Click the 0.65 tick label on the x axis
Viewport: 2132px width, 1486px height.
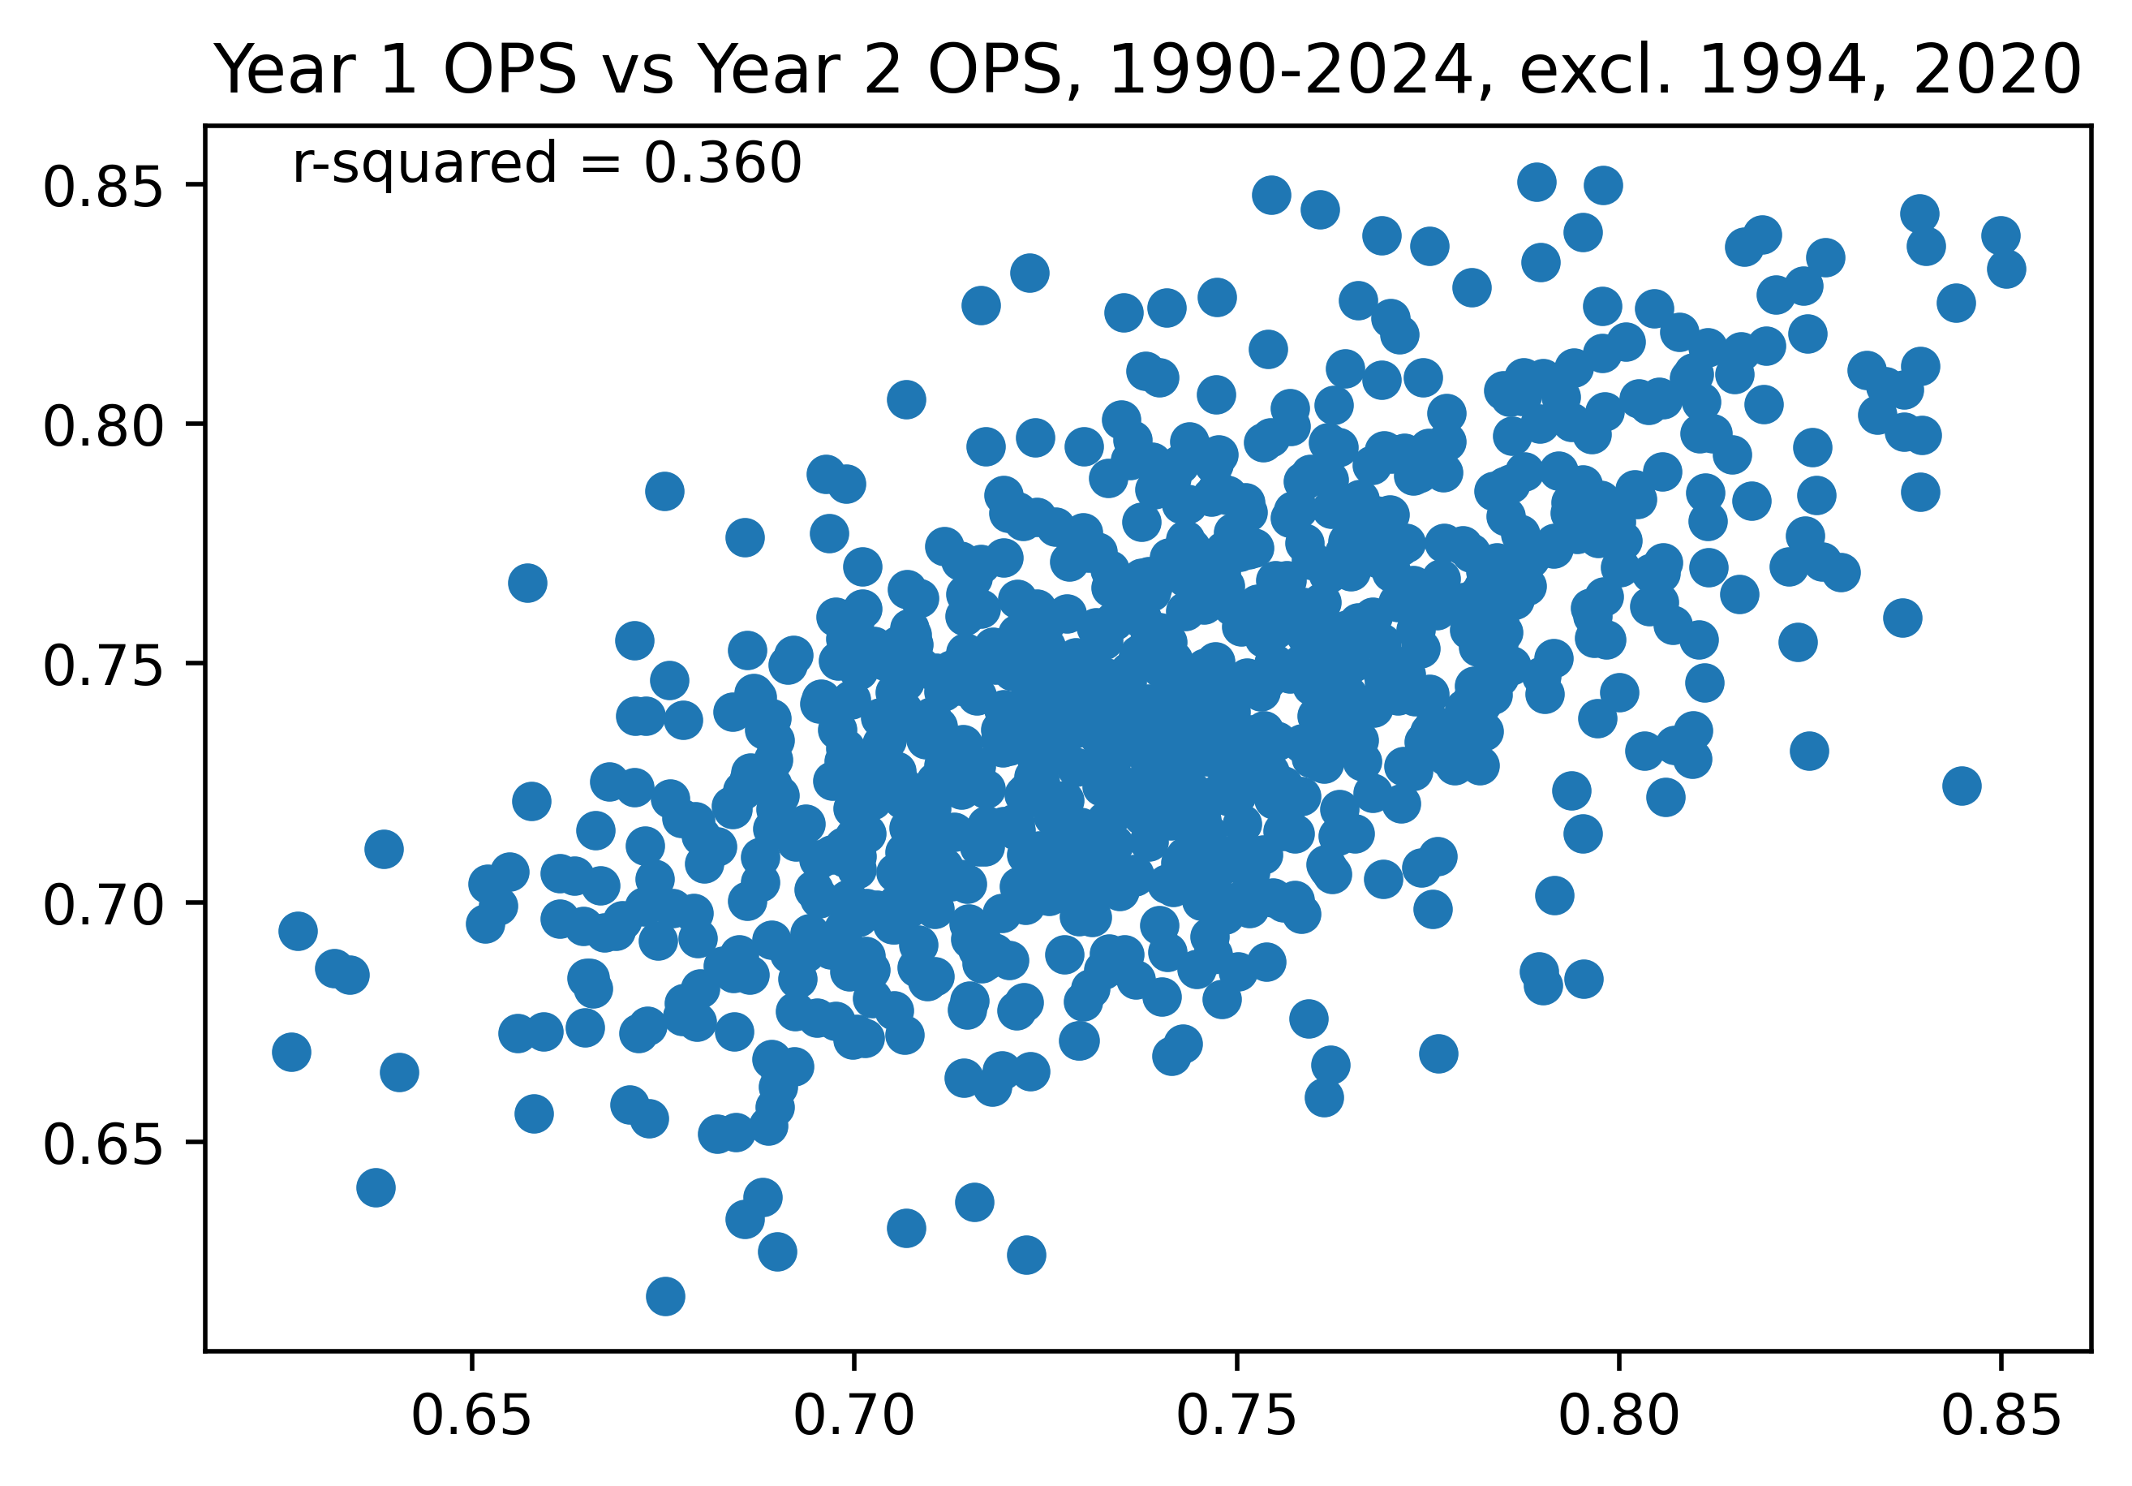coord(471,1417)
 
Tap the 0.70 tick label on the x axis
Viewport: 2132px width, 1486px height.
coord(853,1417)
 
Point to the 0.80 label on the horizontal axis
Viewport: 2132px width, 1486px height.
coord(1618,1417)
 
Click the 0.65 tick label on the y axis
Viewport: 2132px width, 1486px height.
coord(102,1144)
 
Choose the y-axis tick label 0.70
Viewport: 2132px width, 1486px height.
coord(102,903)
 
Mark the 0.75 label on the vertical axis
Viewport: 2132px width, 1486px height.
coord(102,664)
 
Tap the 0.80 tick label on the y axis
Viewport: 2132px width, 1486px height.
coord(102,424)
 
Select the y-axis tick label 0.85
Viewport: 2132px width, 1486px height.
coord(102,186)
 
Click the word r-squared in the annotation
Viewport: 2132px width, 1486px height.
coord(424,166)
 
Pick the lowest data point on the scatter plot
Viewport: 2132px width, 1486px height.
coord(666,1295)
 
